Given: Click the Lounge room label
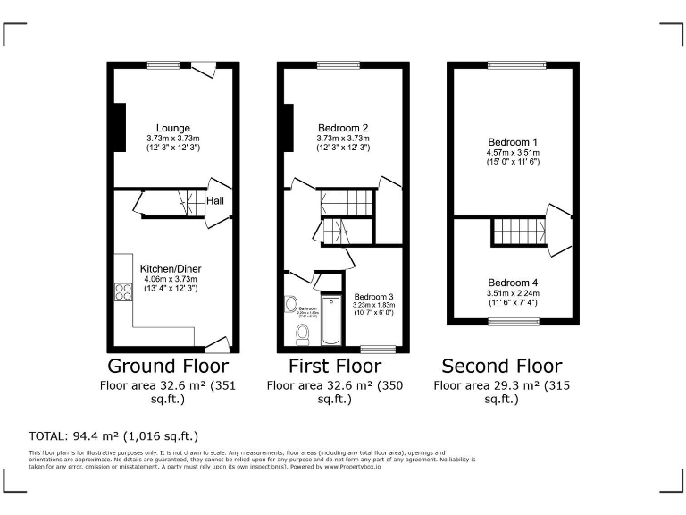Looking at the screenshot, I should coord(172,129).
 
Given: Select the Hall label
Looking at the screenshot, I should coord(215,201).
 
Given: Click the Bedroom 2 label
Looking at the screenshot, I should coord(342,129).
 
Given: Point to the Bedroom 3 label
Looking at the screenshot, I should coord(373,296).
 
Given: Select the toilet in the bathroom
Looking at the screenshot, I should coord(303,334).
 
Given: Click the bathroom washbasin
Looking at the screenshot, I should coord(291,305).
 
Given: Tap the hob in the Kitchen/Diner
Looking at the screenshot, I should coord(121,291).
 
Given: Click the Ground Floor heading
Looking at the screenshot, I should coord(168,367).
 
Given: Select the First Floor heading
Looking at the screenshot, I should coord(335,367).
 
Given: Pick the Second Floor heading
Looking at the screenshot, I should coord(503,367).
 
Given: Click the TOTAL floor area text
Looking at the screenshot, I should coord(113,436).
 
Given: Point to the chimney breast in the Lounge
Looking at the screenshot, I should coord(118,128).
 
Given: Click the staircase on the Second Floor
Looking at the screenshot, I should coord(517,232).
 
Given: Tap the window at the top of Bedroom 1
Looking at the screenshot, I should coord(506,64).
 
